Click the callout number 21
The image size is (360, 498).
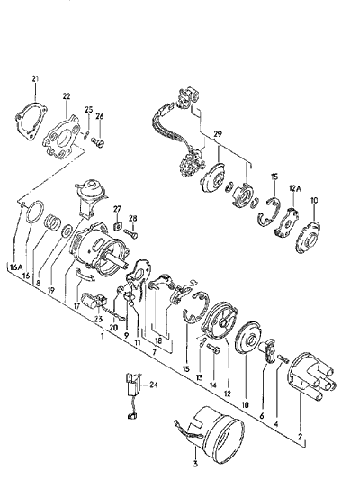coord(35,78)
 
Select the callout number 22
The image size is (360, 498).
coord(67,96)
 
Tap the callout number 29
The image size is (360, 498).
coord(218,134)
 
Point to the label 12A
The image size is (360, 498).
coord(294,188)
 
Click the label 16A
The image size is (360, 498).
coord(16,267)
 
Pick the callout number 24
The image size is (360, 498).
coord(154,385)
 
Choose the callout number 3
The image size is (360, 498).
coord(195,464)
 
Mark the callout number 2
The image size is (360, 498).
coord(300,436)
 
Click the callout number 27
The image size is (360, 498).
coord(118,209)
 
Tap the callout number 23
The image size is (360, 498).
coord(99,320)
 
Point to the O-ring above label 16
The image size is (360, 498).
coord(34,213)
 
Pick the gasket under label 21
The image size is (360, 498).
coord(31,120)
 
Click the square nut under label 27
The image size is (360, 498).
coord(117,226)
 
